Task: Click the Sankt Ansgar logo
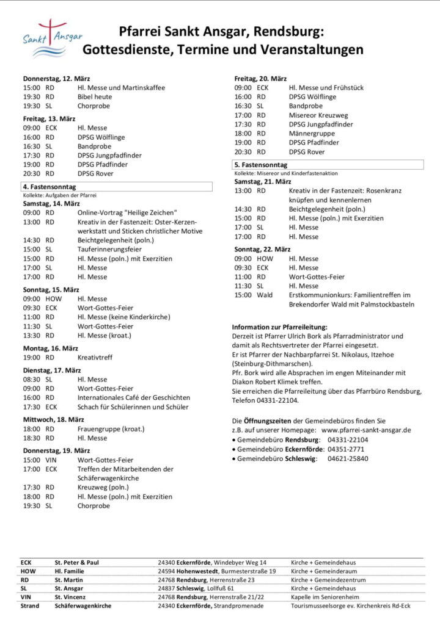(x=51, y=40)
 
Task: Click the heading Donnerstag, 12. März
(x=56, y=79)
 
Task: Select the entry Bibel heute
(x=95, y=97)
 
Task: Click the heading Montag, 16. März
(x=51, y=348)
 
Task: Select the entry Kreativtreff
(x=95, y=357)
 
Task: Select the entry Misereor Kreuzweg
(x=318, y=115)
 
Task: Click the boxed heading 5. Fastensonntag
(x=261, y=165)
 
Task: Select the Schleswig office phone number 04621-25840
(x=348, y=458)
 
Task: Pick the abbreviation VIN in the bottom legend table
(x=26, y=596)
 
